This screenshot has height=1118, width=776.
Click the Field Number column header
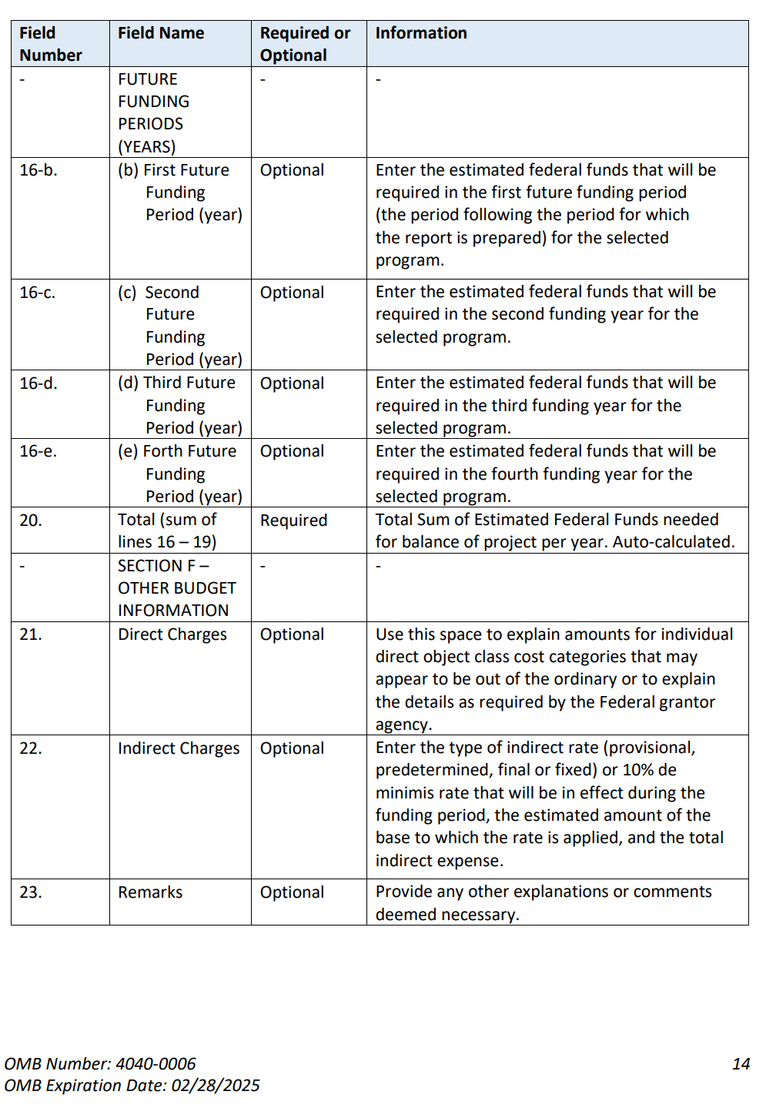50,44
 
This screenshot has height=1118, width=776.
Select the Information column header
421,33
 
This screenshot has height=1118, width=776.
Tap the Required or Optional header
305,44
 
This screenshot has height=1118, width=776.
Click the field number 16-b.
38,170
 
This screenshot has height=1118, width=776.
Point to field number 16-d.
38,383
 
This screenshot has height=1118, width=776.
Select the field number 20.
31,521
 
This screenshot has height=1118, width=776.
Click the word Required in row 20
293,521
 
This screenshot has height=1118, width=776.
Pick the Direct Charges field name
172,634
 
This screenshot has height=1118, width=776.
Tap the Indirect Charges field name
179,748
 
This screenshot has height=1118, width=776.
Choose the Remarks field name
150,892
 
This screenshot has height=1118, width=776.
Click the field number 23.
31,892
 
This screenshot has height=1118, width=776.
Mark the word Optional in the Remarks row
292,892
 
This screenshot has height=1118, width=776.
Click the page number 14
741,1064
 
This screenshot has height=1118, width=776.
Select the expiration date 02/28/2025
216,1086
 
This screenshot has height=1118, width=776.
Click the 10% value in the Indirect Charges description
638,770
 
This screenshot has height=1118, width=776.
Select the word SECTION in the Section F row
150,566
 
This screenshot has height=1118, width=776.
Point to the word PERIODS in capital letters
151,124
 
